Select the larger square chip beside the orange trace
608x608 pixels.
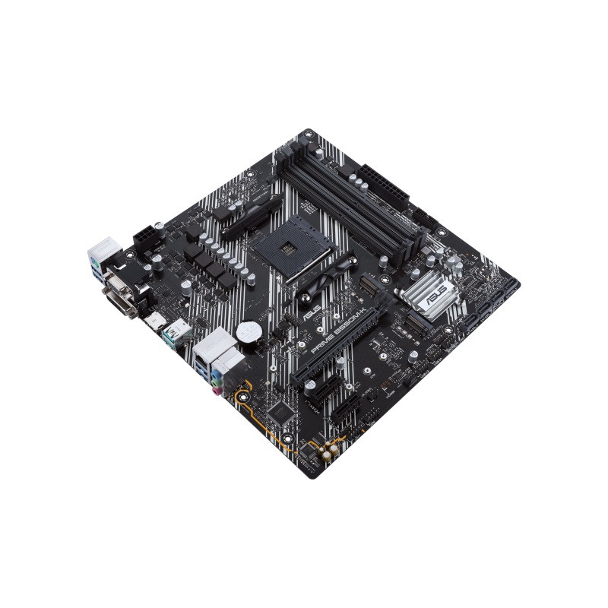pos(281,410)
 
